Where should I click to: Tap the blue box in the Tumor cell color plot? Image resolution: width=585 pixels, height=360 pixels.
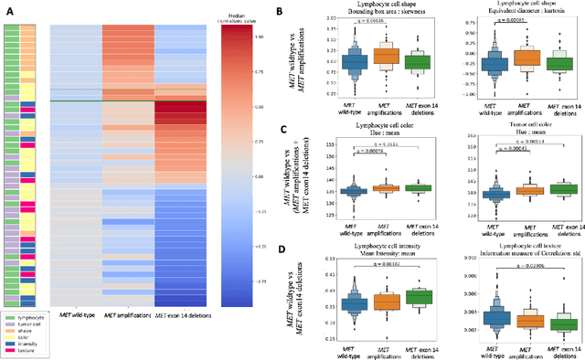[x=495, y=194]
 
